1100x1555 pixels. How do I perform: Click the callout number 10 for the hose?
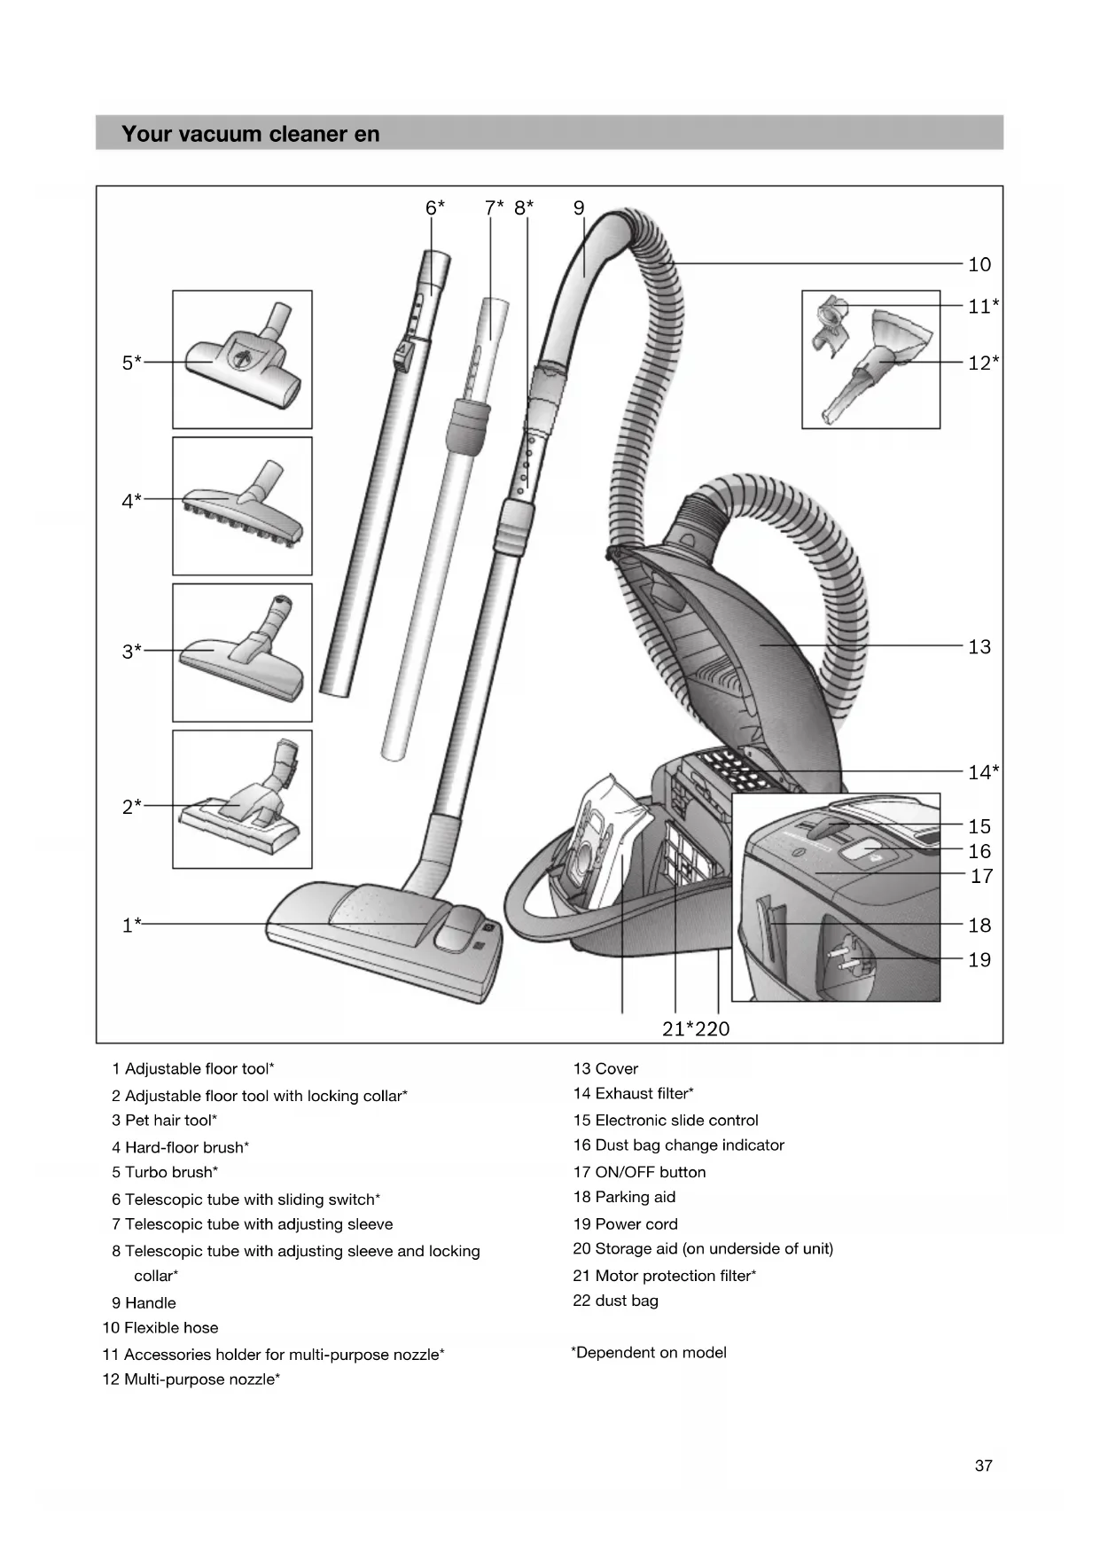tap(979, 264)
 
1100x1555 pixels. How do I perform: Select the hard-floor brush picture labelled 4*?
tap(242, 508)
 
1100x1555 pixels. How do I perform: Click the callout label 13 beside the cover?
tap(979, 647)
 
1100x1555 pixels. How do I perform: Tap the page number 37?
tap(983, 1465)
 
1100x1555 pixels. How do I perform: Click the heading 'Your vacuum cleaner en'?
tap(251, 134)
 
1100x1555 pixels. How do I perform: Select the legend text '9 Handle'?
tap(144, 1302)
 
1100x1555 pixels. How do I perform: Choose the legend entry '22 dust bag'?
tap(615, 1301)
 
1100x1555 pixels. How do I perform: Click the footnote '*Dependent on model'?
tap(649, 1352)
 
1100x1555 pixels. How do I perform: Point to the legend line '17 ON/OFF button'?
tap(639, 1172)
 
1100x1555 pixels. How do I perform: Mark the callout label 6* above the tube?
tap(434, 208)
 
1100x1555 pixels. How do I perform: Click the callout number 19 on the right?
tap(979, 960)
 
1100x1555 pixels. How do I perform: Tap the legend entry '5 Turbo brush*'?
tap(165, 1172)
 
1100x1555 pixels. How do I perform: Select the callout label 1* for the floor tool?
tap(131, 926)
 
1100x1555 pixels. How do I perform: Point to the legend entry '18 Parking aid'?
tap(624, 1197)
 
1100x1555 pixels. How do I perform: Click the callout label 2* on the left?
tap(131, 807)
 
